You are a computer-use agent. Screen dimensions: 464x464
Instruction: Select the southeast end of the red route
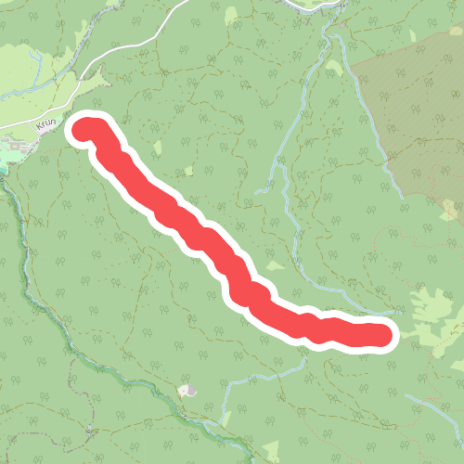[380, 335]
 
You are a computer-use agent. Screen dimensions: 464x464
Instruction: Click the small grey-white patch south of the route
[190, 392]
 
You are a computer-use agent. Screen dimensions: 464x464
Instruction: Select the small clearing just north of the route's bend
[275, 267]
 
